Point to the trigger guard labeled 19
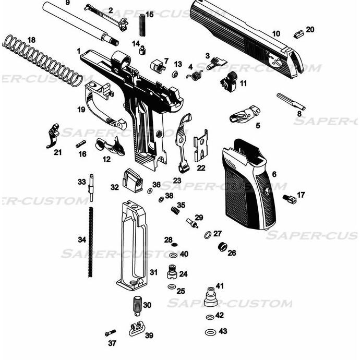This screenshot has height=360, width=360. click(x=102, y=104)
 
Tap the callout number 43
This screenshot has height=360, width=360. click(x=223, y=331)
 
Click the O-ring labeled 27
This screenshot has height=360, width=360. click(x=208, y=234)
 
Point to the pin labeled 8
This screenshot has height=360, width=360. click(x=291, y=102)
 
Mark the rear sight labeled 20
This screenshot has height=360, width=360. click(x=298, y=34)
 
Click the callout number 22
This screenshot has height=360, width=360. click(x=201, y=168)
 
